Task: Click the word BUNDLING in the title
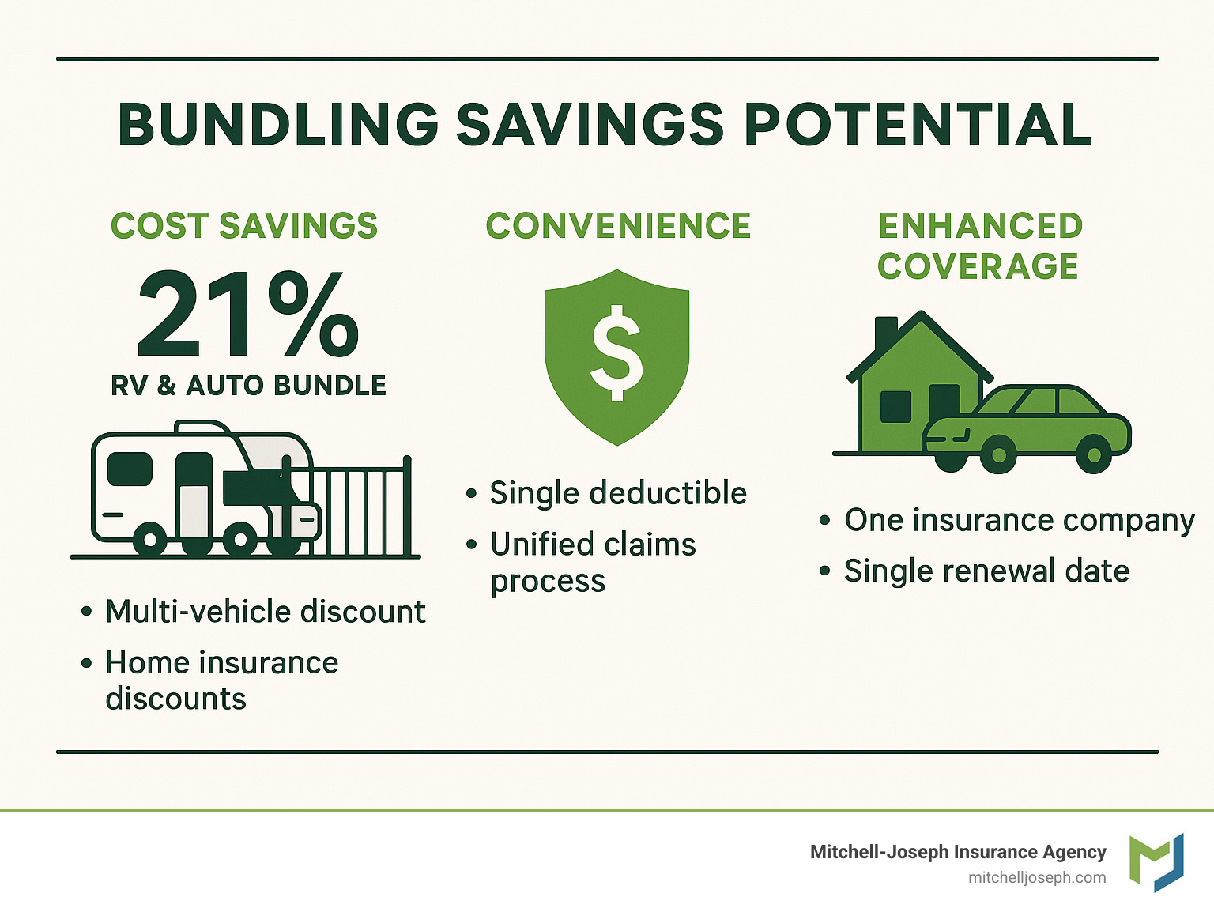277,125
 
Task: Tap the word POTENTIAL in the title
918,125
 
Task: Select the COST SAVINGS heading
244,226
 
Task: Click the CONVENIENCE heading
618,226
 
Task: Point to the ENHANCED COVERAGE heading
979,246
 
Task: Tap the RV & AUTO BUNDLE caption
248,386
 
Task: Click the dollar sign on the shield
617,353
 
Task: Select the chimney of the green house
886,333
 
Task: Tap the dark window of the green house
895,406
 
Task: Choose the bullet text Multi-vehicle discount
266,612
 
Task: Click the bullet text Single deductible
618,493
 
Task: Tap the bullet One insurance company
1019,520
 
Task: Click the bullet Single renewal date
986,571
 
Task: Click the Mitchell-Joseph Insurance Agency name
958,852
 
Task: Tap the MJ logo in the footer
1156,861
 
